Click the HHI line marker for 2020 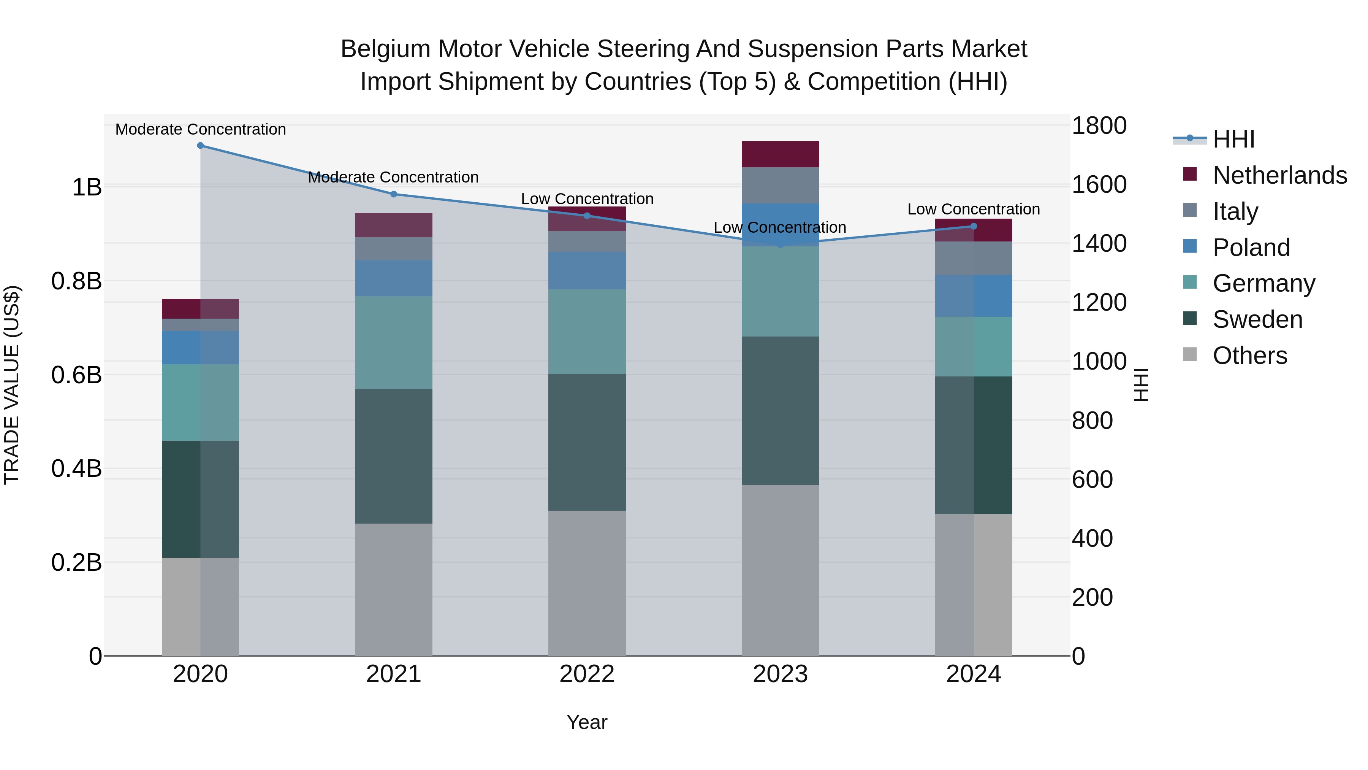[200, 146]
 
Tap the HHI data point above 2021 [394, 194]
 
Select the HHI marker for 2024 [974, 226]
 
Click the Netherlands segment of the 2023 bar [780, 154]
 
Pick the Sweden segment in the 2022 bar [587, 442]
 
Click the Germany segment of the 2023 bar [780, 291]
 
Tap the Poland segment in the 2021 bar [394, 278]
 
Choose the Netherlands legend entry [1279, 175]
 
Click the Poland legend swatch [1190, 246]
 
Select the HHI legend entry [1233, 139]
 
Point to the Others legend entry [1249, 355]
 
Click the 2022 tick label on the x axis [587, 674]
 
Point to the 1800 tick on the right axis [1099, 126]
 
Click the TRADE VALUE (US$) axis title [12, 385]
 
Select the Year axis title [587, 722]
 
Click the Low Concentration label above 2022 [587, 199]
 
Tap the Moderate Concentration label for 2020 [200, 129]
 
